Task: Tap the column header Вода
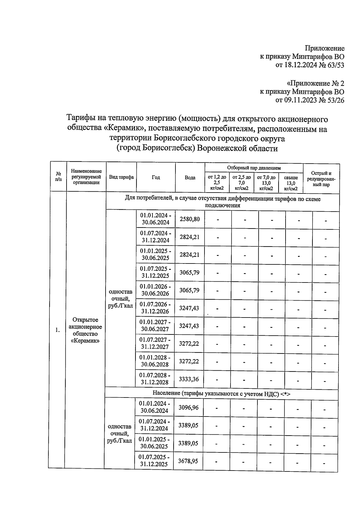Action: pyautogui.click(x=190, y=178)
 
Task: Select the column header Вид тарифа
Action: pyautogui.click(x=121, y=177)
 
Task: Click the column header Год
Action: pyautogui.click(x=156, y=178)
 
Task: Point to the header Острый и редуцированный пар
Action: pyautogui.click(x=321, y=179)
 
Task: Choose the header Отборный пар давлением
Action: pyautogui.click(x=254, y=168)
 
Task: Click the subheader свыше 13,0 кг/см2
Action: pyautogui.click(x=291, y=183)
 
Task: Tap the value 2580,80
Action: pyautogui.click(x=190, y=219)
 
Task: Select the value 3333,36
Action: pyautogui.click(x=189, y=379)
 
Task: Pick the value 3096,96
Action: pyautogui.click(x=188, y=408)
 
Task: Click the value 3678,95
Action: pyautogui.click(x=188, y=461)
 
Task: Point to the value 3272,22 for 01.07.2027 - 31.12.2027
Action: pyautogui.click(x=189, y=343)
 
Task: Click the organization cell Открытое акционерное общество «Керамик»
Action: pyautogui.click(x=85, y=330)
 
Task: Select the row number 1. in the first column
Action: pyautogui.click(x=57, y=330)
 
